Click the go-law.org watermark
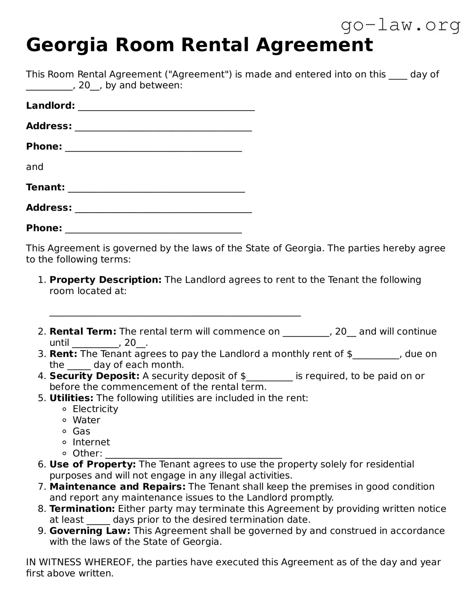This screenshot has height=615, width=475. (400, 25)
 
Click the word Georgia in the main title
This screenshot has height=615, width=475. (67, 45)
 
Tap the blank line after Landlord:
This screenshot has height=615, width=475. (166, 107)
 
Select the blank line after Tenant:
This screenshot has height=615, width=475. (156, 188)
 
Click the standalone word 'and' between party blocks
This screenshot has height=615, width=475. (35, 167)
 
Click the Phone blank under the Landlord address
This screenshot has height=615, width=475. (153, 147)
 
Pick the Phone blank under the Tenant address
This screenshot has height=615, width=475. (153, 229)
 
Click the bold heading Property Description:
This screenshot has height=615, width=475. (106, 280)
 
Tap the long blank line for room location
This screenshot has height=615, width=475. (175, 313)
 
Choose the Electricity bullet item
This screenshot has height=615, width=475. (95, 409)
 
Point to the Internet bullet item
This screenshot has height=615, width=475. (91, 442)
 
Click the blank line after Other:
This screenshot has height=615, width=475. (193, 454)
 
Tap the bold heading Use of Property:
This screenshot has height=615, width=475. (92, 464)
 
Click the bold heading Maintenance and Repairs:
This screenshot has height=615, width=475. (117, 487)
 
